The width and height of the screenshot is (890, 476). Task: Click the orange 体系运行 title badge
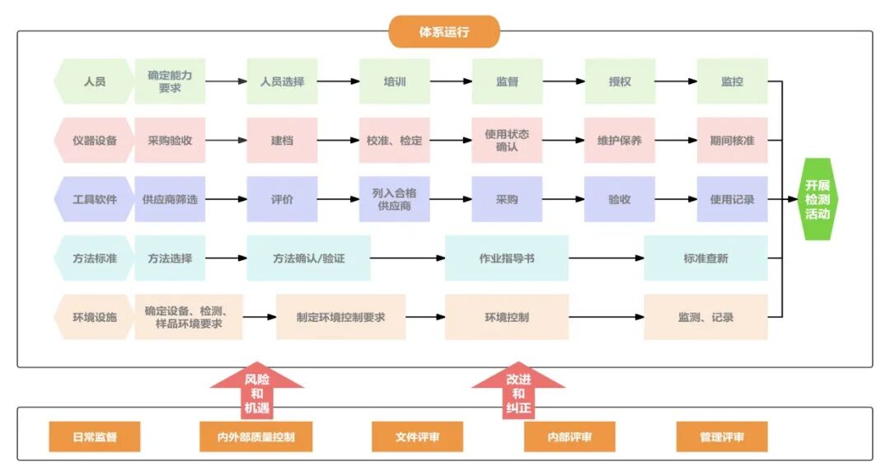coord(444,32)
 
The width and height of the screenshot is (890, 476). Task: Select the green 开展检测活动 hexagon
coord(817,199)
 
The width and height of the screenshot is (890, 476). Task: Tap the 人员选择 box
coord(282,82)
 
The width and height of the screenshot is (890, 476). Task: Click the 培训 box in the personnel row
coord(394,82)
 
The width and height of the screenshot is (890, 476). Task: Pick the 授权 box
coord(620,82)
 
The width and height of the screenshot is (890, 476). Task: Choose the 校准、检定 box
coord(394,140)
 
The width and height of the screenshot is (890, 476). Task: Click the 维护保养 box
coord(620,140)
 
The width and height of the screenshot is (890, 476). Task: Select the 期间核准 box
coord(732,140)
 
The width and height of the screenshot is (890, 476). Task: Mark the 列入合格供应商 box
coord(394,199)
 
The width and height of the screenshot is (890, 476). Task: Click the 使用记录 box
coord(732,199)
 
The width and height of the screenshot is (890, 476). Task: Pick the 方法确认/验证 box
coord(308,258)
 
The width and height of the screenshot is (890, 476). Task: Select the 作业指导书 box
coord(507,258)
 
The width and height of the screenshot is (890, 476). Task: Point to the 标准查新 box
coord(705,258)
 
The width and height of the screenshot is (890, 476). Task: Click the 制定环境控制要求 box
coord(340,317)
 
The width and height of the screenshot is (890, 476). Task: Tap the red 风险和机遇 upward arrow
coord(257,389)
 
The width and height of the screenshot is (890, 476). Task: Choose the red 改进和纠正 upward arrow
coord(518,389)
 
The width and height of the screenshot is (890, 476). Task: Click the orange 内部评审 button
coord(569,436)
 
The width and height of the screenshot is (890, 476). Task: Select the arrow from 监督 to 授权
coord(564,82)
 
